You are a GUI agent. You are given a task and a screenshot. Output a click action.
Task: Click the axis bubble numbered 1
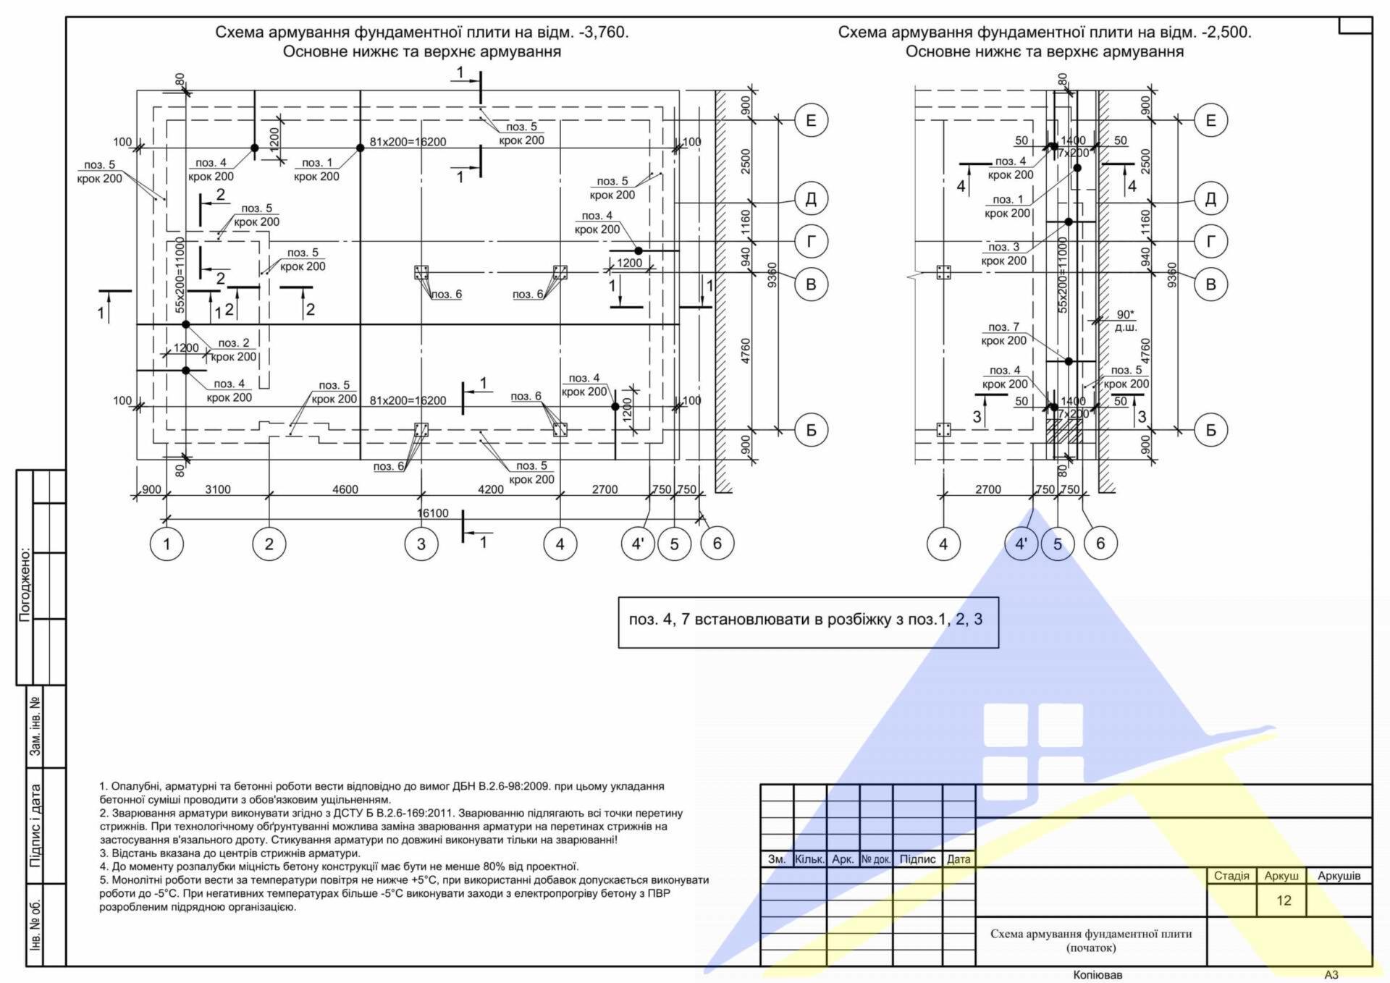(167, 544)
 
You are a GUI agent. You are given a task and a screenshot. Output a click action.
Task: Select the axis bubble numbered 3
(421, 544)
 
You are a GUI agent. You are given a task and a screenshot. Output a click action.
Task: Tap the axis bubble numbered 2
(269, 544)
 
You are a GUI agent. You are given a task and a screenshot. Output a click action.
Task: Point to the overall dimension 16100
(433, 513)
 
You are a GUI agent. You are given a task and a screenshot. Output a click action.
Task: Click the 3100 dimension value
(218, 489)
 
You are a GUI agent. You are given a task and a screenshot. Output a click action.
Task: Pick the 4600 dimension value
(345, 489)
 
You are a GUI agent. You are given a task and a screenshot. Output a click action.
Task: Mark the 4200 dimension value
(491, 489)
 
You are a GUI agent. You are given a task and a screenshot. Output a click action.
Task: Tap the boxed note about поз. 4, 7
(809, 623)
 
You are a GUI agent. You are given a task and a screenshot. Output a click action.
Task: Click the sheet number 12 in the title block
(1284, 900)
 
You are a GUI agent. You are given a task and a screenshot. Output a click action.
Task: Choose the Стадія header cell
(1231, 876)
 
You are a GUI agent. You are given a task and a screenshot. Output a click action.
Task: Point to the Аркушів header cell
(1339, 876)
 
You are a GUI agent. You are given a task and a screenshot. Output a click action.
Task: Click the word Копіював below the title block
(1098, 975)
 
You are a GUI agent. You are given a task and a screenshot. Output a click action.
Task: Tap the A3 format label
(1331, 975)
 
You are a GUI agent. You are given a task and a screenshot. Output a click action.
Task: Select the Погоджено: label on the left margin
(25, 585)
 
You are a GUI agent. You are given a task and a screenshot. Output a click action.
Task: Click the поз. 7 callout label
(1003, 327)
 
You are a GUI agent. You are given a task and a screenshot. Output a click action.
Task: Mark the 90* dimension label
(1125, 315)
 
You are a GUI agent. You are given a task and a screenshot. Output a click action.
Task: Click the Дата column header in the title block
(959, 859)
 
